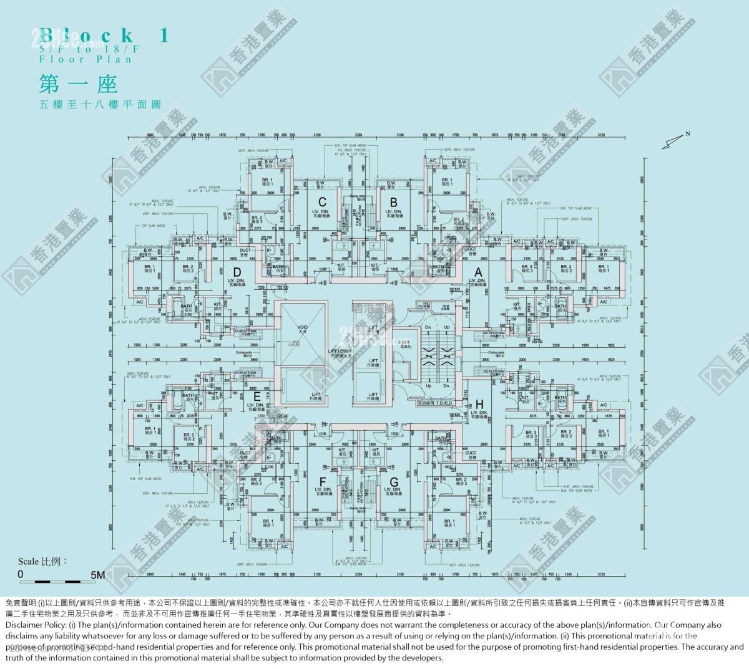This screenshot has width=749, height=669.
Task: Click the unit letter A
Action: coord(479,272)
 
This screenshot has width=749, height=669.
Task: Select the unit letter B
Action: coord(393,202)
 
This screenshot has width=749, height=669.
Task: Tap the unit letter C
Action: coord(322,202)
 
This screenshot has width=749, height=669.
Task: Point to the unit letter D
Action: coord(237,272)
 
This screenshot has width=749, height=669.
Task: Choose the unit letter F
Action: coord(322,481)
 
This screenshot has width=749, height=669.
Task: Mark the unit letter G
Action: coord(394,481)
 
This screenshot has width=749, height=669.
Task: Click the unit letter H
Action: coord(479,403)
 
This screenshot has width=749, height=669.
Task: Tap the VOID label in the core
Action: coord(303,327)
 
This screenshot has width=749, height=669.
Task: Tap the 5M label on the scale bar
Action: coord(97,575)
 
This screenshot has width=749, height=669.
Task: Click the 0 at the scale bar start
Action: coord(21,574)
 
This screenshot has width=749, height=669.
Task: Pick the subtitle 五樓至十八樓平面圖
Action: coord(99,105)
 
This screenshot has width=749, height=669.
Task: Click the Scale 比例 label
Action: coord(42,561)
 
